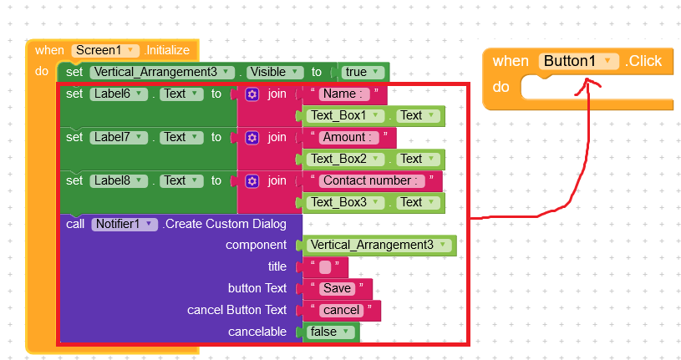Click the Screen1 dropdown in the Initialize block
105,50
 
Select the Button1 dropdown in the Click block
578,61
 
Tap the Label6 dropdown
119,94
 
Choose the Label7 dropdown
119,137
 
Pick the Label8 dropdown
119,180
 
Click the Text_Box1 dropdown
345,115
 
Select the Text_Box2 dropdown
345,159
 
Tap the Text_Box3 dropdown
345,202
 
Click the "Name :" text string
344,94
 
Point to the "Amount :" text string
348,137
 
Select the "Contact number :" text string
372,180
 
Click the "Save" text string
337,288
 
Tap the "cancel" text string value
342,310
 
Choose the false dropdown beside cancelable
331,332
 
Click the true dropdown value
363,72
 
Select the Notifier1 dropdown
125,224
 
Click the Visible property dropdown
275,72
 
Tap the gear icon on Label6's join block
252,94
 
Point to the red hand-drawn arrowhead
587,85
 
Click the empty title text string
325,267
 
